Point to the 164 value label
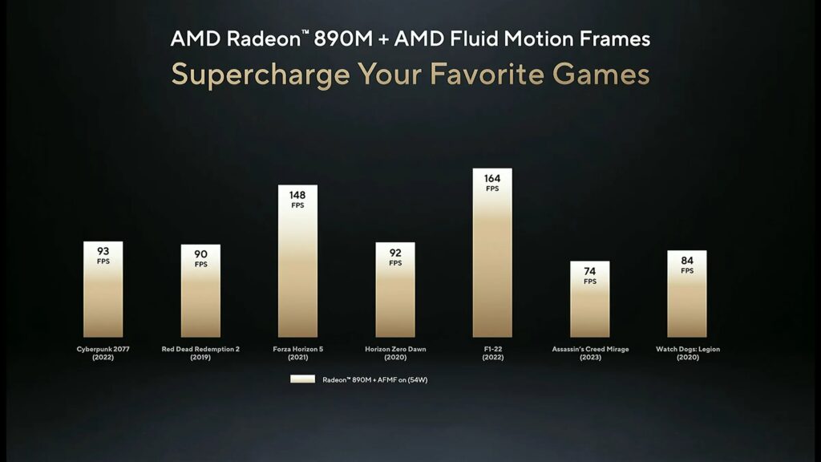[492, 179]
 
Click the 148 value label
[297, 196]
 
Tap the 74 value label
[590, 272]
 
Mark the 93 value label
[103, 252]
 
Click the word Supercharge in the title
[261, 75]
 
